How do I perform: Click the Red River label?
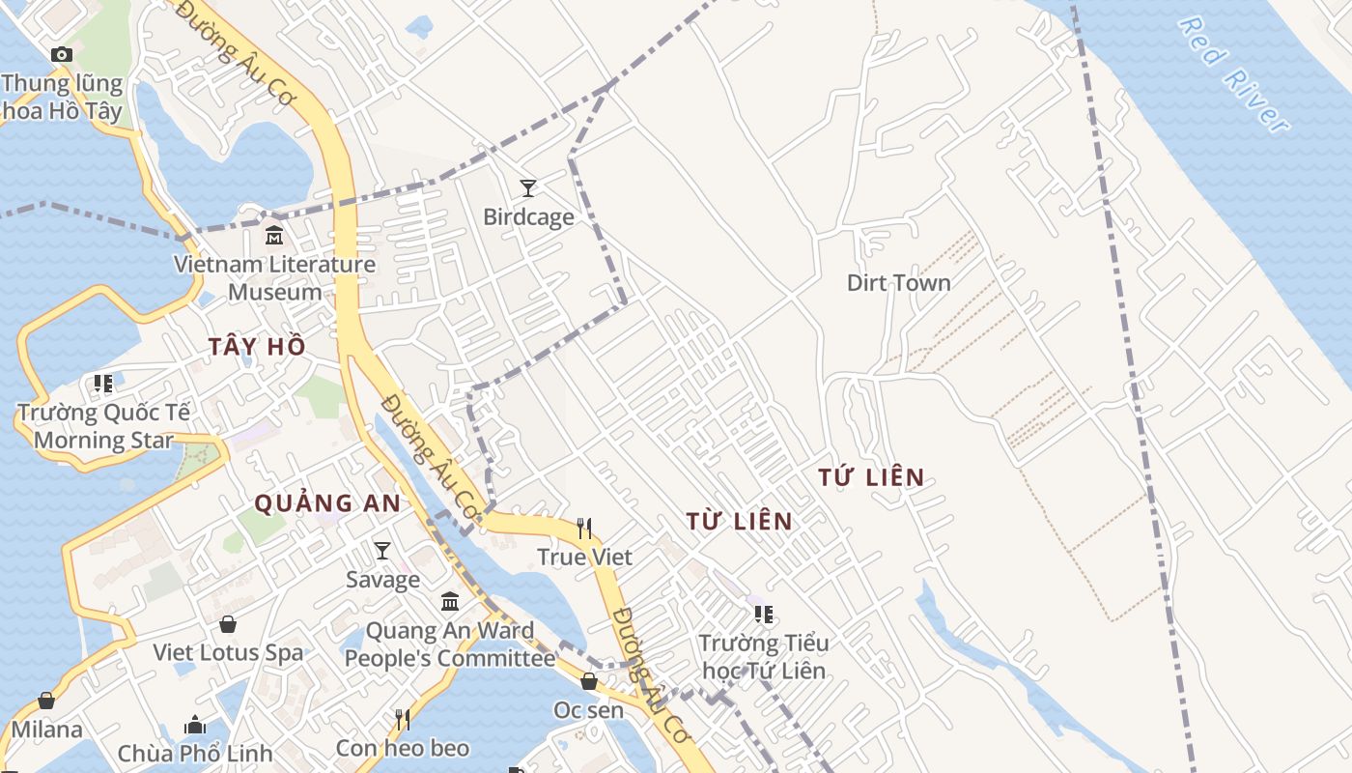click(x=1233, y=75)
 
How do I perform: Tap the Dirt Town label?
click(x=898, y=283)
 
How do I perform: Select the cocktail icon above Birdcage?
click(x=527, y=187)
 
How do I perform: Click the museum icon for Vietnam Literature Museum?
click(x=274, y=235)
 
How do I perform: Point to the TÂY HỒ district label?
click(x=257, y=347)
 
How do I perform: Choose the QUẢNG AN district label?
click(x=326, y=503)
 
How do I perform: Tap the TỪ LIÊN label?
click(x=739, y=521)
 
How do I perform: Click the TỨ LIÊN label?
click(x=871, y=477)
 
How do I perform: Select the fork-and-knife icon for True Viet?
click(x=584, y=528)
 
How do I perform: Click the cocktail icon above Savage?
click(x=382, y=551)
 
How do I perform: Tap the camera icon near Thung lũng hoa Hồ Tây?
click(x=62, y=55)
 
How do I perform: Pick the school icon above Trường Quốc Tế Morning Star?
click(x=103, y=384)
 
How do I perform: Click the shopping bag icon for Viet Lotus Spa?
click(x=228, y=624)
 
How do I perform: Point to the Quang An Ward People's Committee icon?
click(x=450, y=602)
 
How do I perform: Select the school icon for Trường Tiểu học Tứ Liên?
click(x=764, y=614)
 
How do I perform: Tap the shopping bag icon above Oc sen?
click(x=588, y=681)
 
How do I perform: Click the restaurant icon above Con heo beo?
click(x=403, y=719)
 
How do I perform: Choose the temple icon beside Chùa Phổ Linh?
click(x=195, y=725)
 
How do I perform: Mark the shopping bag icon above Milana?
click(x=46, y=701)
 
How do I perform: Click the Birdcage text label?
click(x=528, y=217)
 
